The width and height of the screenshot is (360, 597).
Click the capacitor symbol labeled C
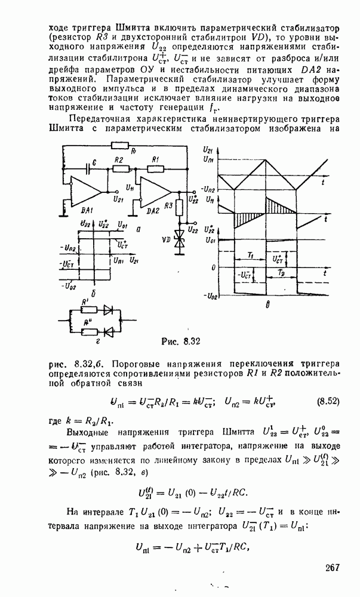coord(88,170)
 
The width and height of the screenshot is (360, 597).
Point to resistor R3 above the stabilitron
coord(178,208)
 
